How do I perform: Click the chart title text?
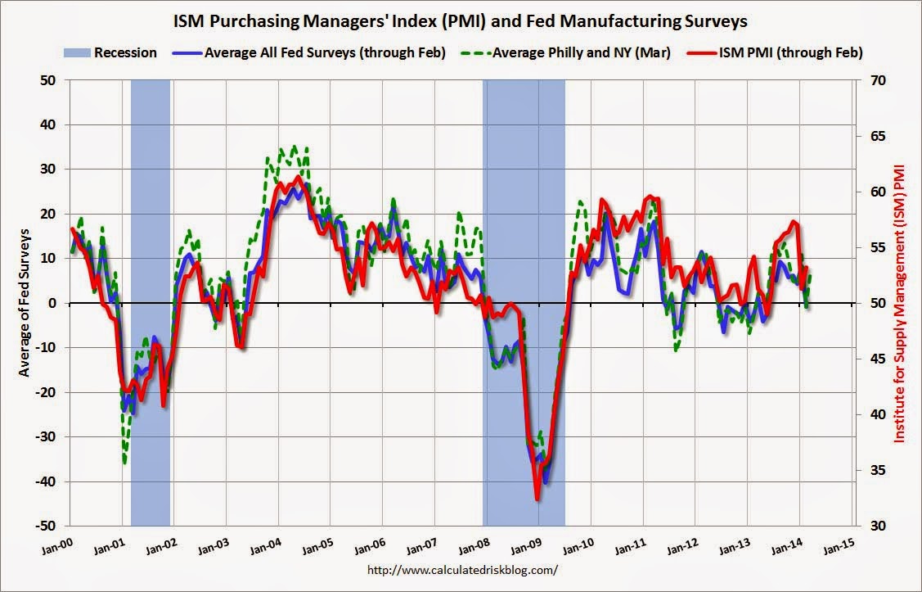tap(461, 20)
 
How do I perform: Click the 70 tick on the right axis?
tap(871, 80)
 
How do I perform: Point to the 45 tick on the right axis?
tap(871, 359)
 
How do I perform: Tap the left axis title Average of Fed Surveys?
tap(24, 302)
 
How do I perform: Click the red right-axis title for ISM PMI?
tap(900, 303)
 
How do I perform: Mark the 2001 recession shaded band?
tap(151, 246)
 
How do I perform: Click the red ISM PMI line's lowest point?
tap(537, 499)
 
